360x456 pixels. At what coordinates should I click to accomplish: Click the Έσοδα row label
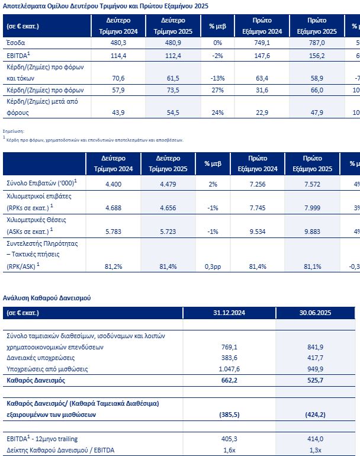pyautogui.click(x=17, y=43)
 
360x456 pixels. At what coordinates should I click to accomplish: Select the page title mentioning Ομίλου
pyautogui.click(x=106, y=5)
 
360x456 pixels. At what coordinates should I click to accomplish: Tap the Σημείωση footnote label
pyautogui.click(x=13, y=131)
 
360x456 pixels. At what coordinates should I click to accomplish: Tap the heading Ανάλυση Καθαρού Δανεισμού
pyautogui.click(x=47, y=298)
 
